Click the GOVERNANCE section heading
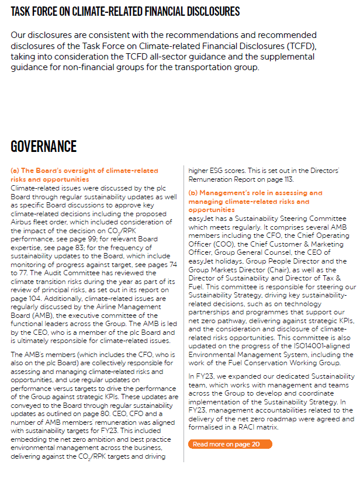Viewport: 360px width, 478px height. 44,146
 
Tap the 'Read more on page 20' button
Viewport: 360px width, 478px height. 230,428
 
